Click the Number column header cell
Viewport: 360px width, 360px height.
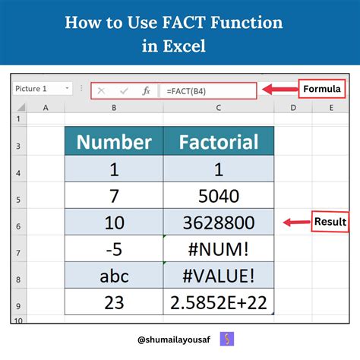(113, 141)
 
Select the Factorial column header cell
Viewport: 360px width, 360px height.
(218, 141)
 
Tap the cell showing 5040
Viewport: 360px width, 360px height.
(218, 196)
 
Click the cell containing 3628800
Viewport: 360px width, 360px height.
(218, 223)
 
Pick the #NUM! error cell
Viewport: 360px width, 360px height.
(218, 250)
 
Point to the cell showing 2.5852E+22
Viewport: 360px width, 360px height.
(218, 303)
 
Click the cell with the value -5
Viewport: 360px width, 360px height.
(113, 250)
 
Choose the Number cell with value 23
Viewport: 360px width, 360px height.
(113, 303)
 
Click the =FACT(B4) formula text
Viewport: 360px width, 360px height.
(186, 90)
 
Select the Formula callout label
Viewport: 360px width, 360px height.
(322, 89)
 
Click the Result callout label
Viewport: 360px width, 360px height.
(330, 222)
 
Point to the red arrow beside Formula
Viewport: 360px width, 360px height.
(279, 90)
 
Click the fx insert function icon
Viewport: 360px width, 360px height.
(146, 90)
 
